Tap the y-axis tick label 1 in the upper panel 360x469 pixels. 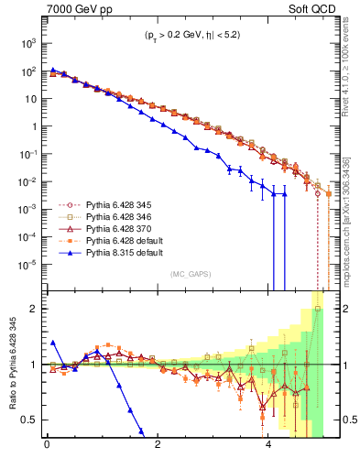(x=32, y=126)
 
